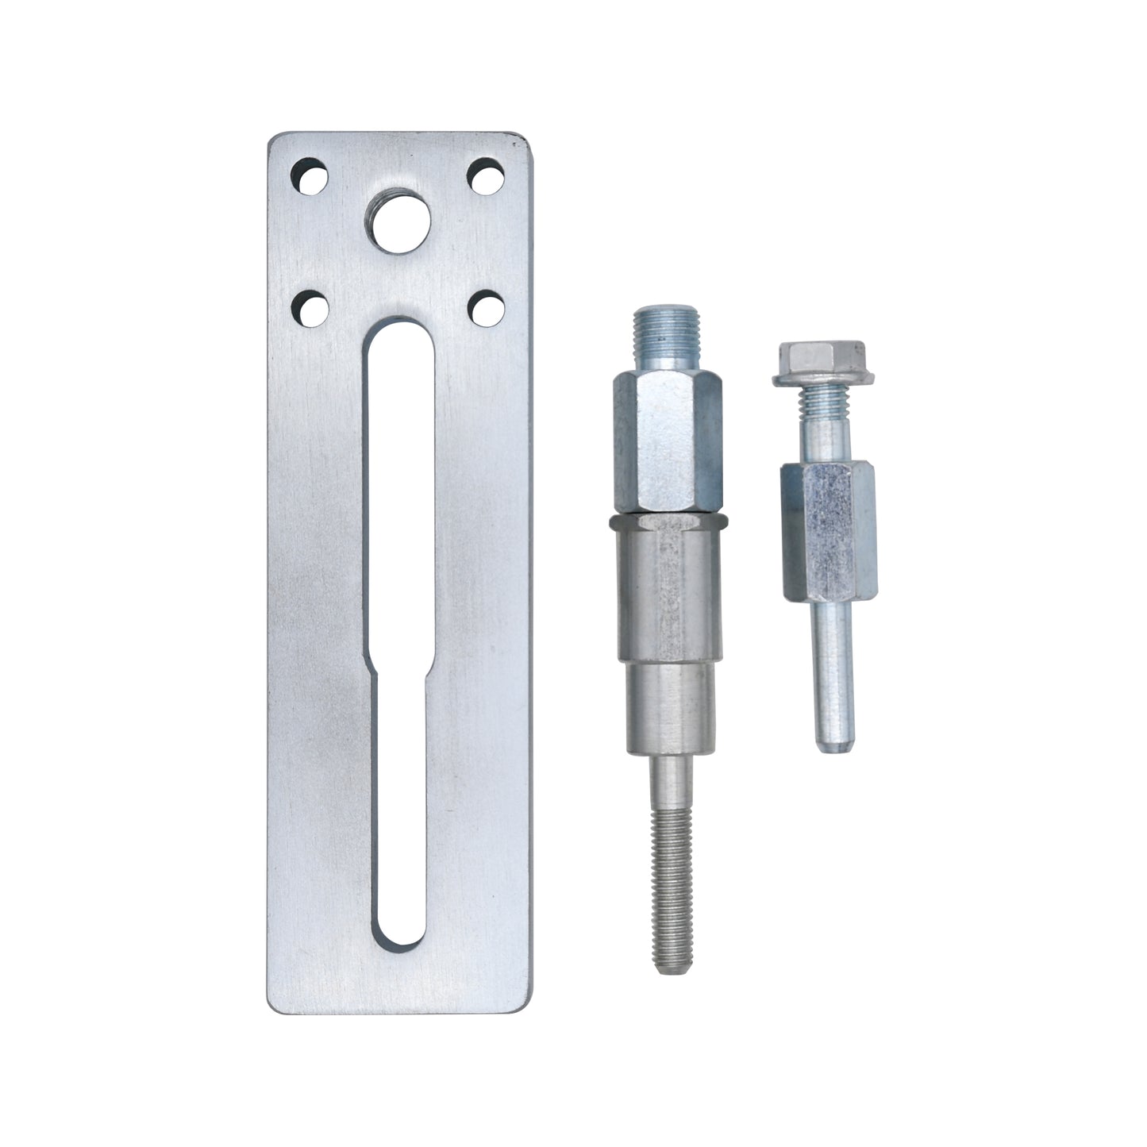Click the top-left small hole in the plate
[x=310, y=176]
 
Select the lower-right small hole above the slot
[x=483, y=308]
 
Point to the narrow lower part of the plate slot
[x=399, y=794]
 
